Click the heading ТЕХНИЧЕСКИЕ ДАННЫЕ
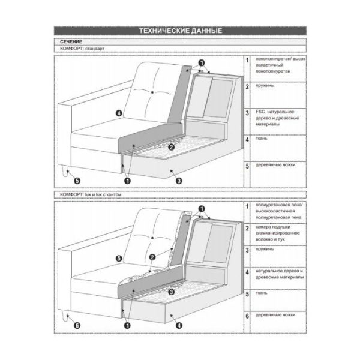pyautogui.click(x=180, y=31)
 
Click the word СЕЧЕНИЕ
pyautogui.click(x=72, y=41)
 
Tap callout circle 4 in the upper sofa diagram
pyautogui.click(x=118, y=112)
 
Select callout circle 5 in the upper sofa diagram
pyautogui.click(x=76, y=179)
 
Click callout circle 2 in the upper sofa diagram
pyautogui.click(x=171, y=146)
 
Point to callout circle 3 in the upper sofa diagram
pyautogui.click(x=179, y=179)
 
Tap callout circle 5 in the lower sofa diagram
pyautogui.click(x=118, y=258)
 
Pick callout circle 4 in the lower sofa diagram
pyautogui.click(x=179, y=325)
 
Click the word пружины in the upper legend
pyautogui.click(x=265, y=86)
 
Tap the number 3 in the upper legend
pyautogui.click(x=248, y=112)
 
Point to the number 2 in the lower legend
pyautogui.click(x=248, y=228)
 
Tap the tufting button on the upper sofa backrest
pyautogui.click(x=154, y=92)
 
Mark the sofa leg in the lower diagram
pyautogui.click(x=64, y=317)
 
